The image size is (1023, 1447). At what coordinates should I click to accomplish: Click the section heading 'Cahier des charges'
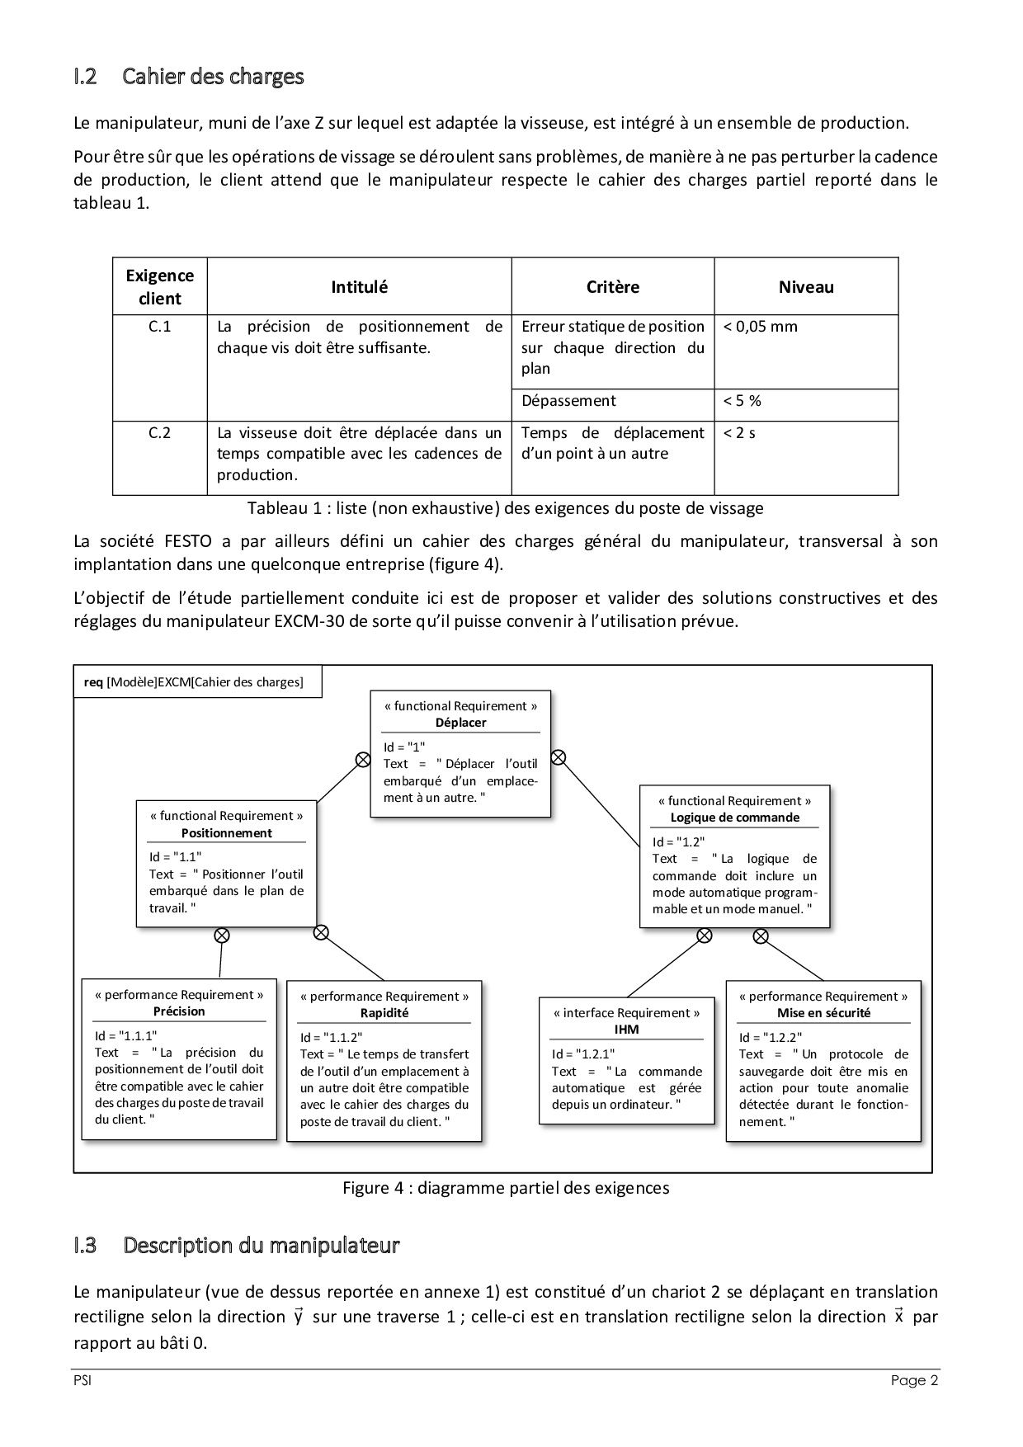coord(213,77)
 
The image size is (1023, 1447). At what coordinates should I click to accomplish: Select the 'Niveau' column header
coord(806,287)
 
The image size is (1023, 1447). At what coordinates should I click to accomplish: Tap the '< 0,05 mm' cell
coord(761,327)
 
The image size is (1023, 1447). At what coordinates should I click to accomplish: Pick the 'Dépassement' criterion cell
coord(568,401)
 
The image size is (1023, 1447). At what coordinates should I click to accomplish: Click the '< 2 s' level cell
coord(739,433)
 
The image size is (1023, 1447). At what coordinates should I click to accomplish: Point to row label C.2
coord(159,433)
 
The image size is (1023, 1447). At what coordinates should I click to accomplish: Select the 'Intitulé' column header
coord(359,287)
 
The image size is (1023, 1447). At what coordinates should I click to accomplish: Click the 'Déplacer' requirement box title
coord(460,723)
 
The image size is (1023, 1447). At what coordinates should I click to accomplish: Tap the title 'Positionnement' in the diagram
coord(226,833)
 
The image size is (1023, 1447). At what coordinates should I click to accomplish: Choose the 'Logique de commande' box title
coord(734,818)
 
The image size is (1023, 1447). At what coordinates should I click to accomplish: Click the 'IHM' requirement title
coord(626,1030)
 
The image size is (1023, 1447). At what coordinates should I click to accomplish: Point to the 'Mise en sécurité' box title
coord(823,1013)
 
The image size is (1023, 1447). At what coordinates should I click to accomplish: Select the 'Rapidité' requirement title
coord(384,1013)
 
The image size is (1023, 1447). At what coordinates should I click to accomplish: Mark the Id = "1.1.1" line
coord(125,1036)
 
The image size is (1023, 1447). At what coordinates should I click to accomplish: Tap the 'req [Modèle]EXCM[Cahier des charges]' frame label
coord(194,682)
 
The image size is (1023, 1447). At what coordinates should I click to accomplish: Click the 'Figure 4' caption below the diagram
coord(506,1188)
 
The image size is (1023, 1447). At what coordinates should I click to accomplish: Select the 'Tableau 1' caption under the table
coord(505,508)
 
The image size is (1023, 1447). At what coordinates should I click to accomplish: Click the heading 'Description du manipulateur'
coord(261,1245)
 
